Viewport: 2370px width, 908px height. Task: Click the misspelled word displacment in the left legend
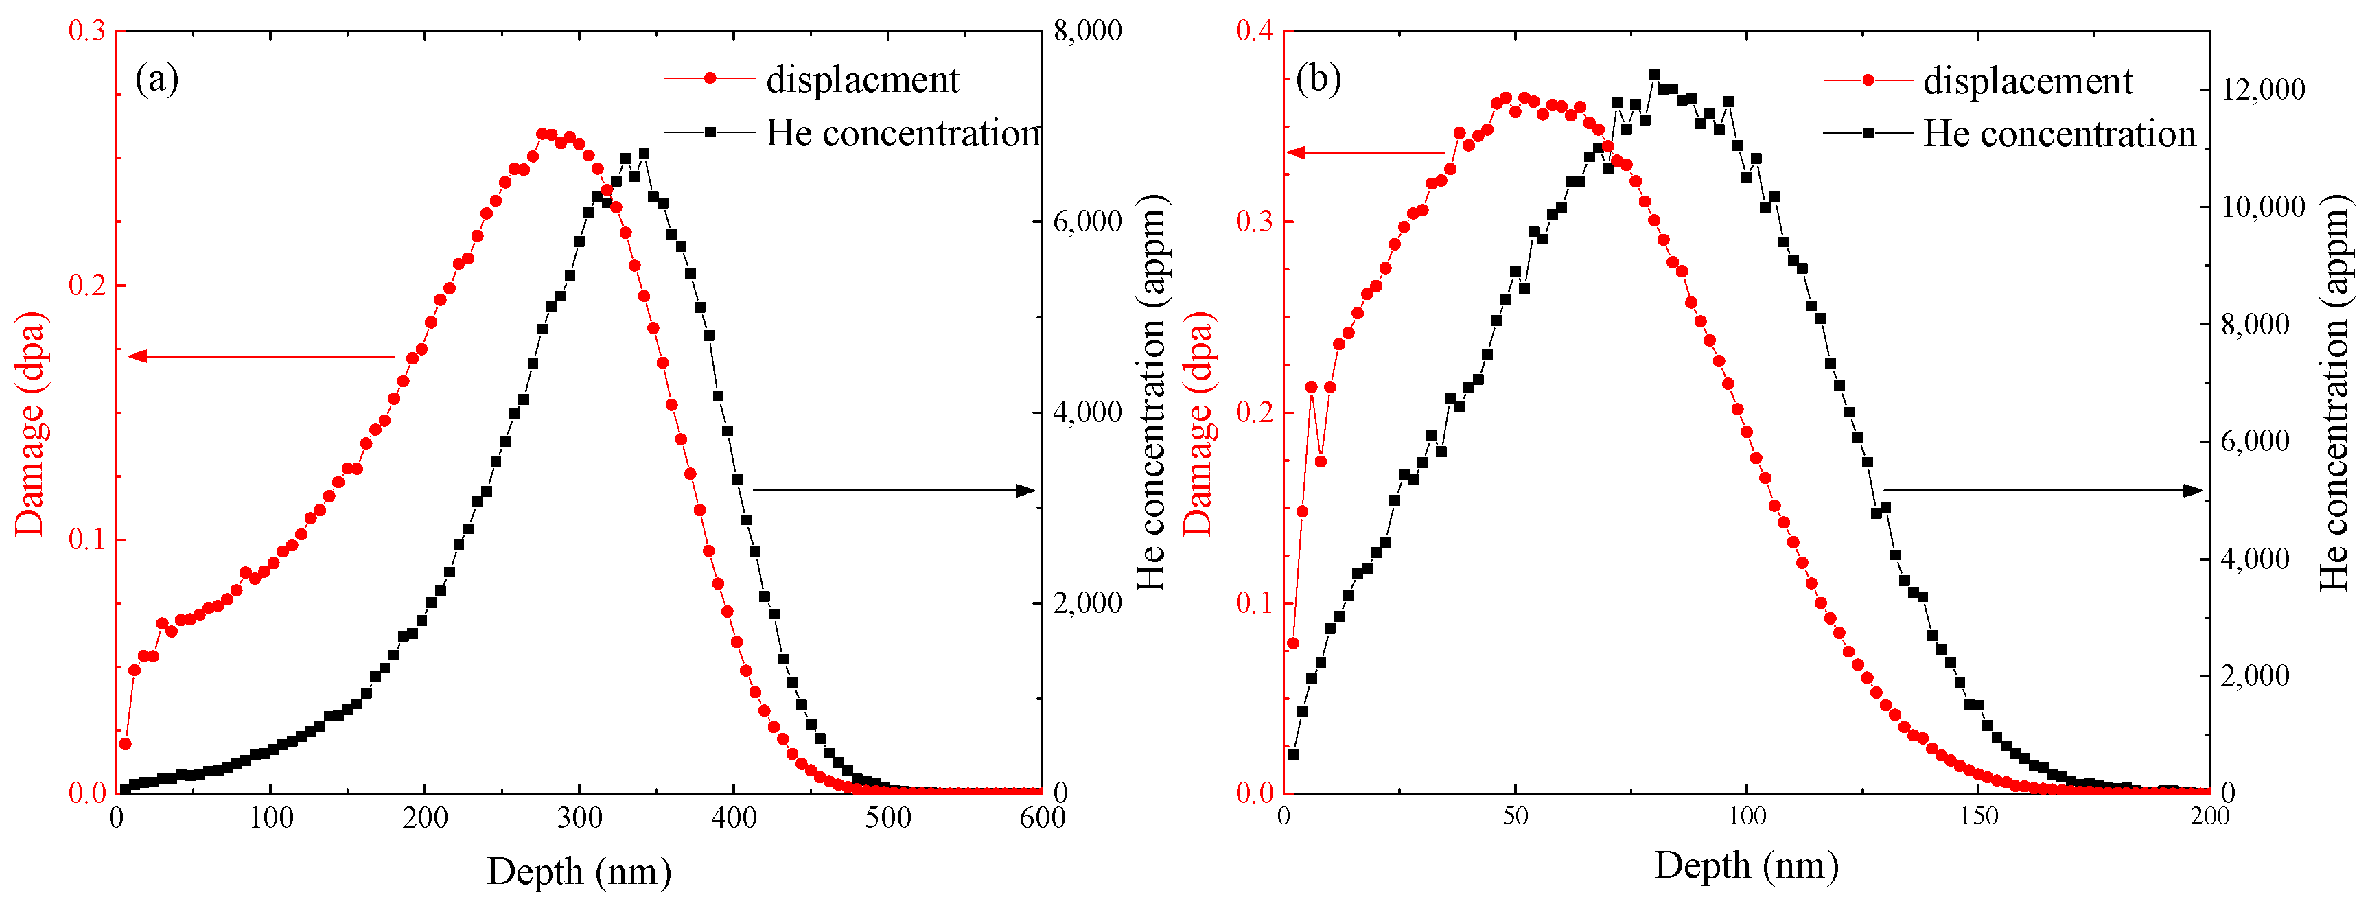862,80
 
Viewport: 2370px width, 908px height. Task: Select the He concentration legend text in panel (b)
2059,135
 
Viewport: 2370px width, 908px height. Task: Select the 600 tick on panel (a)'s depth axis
1041,818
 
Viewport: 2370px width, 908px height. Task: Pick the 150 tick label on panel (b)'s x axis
1978,816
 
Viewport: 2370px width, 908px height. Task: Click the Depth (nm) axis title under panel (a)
579,870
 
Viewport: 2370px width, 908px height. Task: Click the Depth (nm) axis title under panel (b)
1745,865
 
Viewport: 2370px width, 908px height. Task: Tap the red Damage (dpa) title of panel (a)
30,423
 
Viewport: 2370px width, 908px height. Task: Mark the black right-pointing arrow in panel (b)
2043,490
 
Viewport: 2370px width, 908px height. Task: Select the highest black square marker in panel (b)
1653,75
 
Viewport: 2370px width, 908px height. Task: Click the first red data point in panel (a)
125,743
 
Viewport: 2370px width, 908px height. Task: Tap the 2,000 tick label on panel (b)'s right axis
2255,675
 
